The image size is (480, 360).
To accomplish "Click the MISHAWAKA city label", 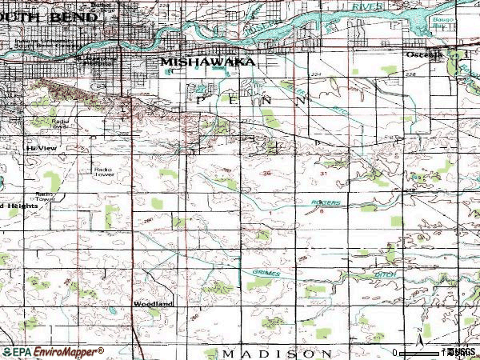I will (x=208, y=61).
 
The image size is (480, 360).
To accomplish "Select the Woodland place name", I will (x=153, y=304).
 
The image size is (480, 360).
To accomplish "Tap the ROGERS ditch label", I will (x=326, y=203).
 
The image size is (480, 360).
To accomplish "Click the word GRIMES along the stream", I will (x=266, y=272).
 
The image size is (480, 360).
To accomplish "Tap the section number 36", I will (x=266, y=173).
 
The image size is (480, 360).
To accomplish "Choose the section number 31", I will (x=324, y=173).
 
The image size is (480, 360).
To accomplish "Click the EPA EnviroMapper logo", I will (x=52, y=351).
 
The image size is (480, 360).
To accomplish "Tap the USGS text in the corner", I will (x=462, y=351).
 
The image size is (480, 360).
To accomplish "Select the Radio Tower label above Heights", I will (x=44, y=197).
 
